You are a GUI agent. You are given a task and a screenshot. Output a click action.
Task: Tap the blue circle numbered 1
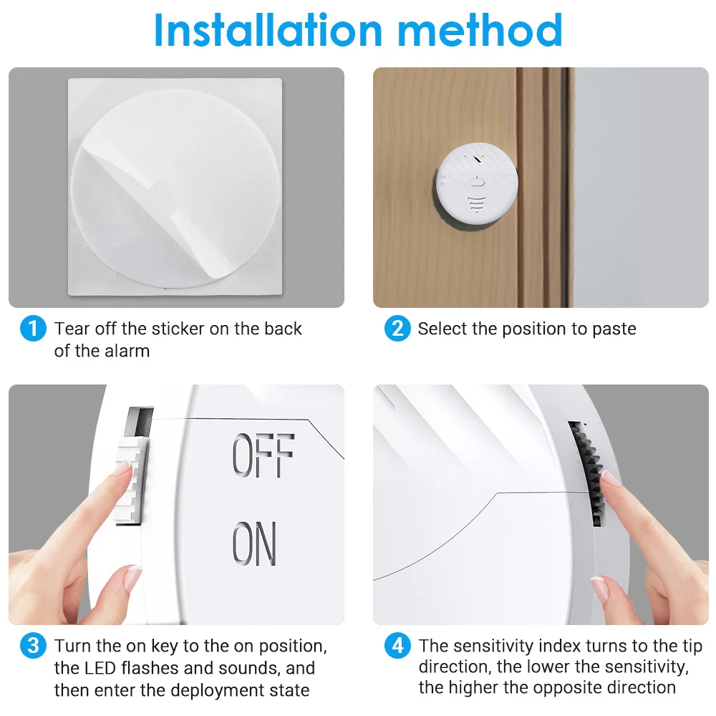pyautogui.click(x=33, y=329)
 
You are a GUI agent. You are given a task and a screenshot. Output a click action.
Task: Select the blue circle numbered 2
pyautogui.click(x=397, y=329)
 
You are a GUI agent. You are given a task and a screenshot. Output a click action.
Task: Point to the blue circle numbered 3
pyautogui.click(x=33, y=647)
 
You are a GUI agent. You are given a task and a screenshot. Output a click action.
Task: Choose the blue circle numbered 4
pyautogui.click(x=397, y=647)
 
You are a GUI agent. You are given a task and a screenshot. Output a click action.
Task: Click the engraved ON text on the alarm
pyautogui.click(x=255, y=543)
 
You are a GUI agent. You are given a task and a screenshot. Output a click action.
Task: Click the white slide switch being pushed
pyautogui.click(x=132, y=479)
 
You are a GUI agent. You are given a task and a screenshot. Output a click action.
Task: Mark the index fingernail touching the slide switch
pyautogui.click(x=124, y=468)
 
